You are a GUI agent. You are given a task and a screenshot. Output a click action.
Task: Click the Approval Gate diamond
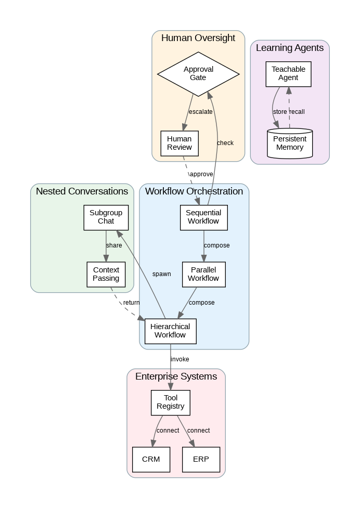198,73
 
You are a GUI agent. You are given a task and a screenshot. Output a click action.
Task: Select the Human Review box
179,143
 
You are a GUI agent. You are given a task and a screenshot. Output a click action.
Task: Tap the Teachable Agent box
288,73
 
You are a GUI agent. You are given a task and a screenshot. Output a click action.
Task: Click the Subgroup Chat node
106,217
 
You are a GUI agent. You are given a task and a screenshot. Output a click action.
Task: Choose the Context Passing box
106,274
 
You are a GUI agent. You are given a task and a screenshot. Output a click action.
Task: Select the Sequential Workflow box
203,217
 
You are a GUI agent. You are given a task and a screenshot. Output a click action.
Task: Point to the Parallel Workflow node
203,274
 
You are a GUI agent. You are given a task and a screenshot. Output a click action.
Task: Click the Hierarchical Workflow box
170,331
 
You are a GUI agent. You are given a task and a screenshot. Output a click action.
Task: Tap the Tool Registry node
171,402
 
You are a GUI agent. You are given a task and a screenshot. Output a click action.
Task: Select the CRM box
151,460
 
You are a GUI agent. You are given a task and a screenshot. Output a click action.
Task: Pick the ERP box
201,460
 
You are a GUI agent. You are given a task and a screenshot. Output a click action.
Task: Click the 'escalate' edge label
201,112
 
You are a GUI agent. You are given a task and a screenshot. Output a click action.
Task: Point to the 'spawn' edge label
161,274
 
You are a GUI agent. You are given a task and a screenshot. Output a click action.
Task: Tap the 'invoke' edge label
179,359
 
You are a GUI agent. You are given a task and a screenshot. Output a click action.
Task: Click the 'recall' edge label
297,112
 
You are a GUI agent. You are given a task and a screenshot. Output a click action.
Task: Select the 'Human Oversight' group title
198,38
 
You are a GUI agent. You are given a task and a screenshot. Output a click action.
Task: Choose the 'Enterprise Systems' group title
176,376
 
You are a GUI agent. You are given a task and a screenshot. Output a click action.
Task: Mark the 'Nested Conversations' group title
82,191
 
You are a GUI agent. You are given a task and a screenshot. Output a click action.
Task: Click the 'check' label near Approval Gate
225,143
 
